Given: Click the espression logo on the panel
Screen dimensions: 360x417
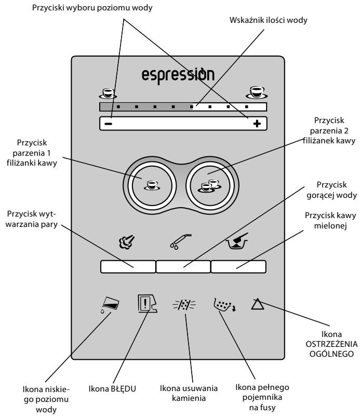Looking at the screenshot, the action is pyautogui.click(x=178, y=75).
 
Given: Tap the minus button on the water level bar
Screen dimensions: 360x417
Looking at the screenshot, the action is pyautogui.click(x=108, y=124).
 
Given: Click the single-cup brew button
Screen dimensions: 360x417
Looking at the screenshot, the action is pyautogui.click(x=152, y=185).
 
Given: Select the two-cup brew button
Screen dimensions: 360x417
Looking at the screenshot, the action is pyautogui.click(x=210, y=185).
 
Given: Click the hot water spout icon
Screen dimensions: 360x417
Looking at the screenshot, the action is pyautogui.click(x=181, y=241).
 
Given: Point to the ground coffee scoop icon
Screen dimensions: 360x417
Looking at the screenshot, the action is pyautogui.click(x=237, y=241).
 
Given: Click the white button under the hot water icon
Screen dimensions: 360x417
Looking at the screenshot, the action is pyautogui.click(x=183, y=267).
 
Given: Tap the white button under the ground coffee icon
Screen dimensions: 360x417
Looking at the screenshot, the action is pyautogui.click(x=238, y=267).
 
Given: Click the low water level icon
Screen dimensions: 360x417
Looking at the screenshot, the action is pyautogui.click(x=110, y=304).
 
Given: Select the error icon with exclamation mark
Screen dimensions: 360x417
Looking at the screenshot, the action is pyautogui.click(x=147, y=303).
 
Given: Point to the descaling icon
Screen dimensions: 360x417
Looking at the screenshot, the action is pyautogui.click(x=184, y=304).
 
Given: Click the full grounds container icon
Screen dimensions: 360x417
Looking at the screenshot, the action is pyautogui.click(x=225, y=305).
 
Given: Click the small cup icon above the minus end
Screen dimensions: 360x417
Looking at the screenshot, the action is pyautogui.click(x=108, y=93).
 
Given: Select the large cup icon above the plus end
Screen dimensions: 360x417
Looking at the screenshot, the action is pyautogui.click(x=257, y=92).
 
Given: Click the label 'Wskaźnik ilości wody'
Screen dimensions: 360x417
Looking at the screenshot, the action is pyautogui.click(x=269, y=20).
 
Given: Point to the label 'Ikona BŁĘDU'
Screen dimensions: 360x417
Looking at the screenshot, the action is pyautogui.click(x=112, y=388).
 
